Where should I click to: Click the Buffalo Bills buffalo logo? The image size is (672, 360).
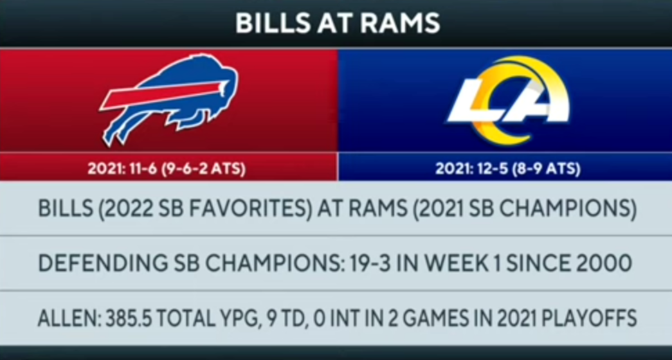(170, 99)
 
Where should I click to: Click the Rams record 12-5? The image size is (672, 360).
(487, 168)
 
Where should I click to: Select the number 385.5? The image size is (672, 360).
(129, 318)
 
